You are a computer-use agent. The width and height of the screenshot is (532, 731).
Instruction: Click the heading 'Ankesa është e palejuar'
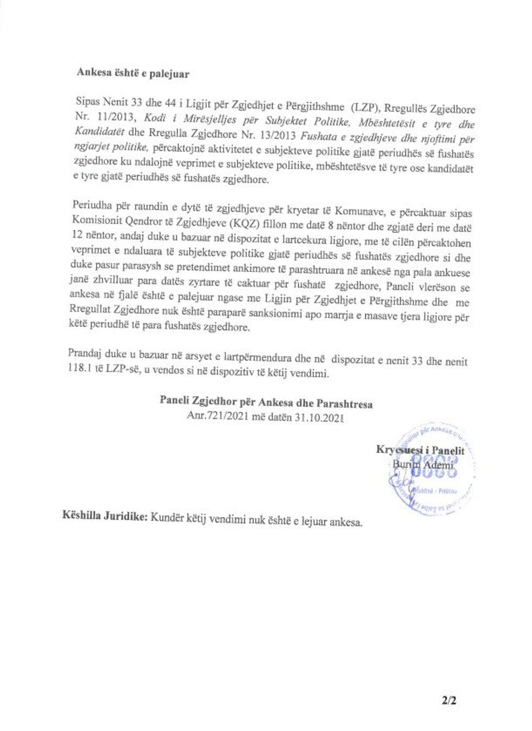(x=133, y=73)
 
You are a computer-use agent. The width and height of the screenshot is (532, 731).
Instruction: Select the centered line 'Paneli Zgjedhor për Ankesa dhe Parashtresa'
(x=266, y=403)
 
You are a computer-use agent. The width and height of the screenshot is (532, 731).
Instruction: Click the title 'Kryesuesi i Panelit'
(x=420, y=450)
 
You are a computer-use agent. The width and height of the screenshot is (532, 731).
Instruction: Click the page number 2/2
(x=449, y=701)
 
